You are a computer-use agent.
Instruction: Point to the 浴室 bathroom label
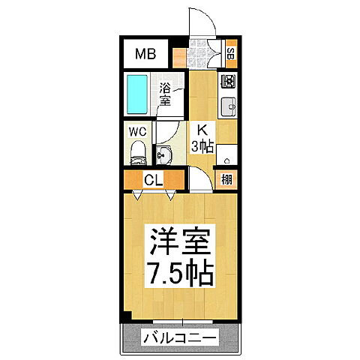click(166, 94)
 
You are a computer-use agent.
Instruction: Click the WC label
click(136, 130)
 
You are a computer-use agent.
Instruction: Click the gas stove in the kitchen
click(228, 81)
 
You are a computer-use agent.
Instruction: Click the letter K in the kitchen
click(202, 128)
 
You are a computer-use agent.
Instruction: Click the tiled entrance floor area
click(201, 52)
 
